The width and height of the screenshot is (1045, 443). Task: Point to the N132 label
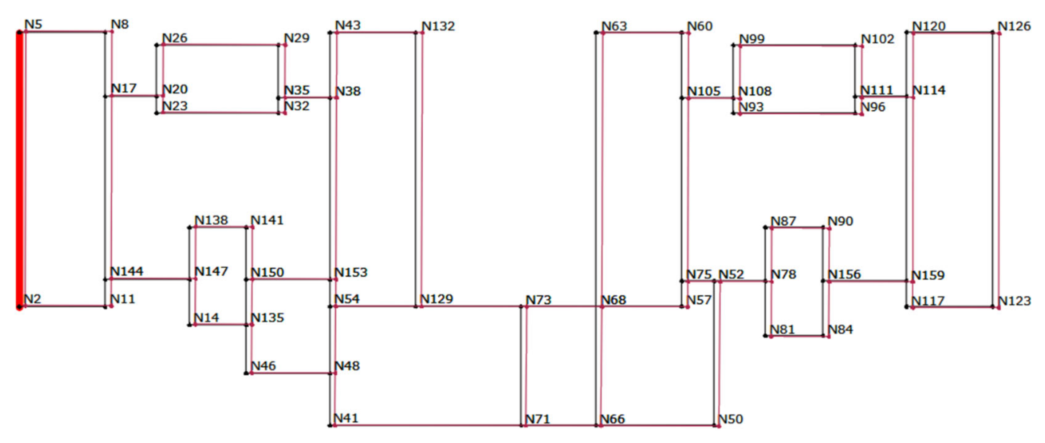click(438, 26)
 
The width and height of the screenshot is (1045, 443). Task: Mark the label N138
click(211, 220)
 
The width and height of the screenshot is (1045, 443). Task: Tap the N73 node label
click(538, 300)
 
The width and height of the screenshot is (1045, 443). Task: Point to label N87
click(783, 221)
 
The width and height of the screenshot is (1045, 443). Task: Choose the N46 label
click(263, 366)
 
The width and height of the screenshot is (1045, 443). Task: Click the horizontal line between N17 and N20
click(134, 96)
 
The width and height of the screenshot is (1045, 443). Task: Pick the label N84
click(840, 329)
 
